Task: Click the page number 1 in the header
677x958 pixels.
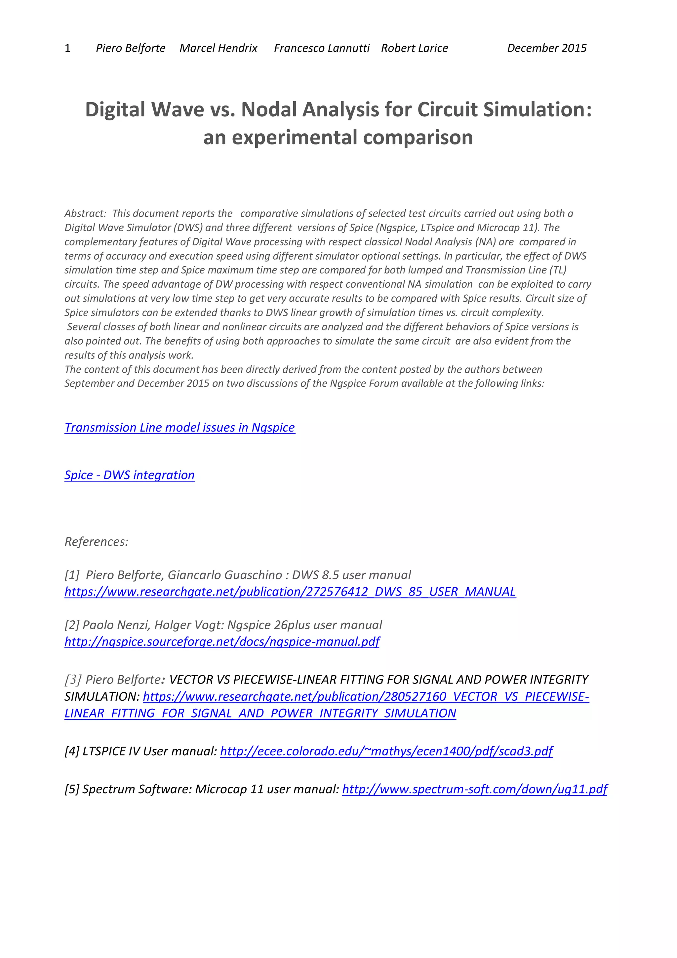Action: point(67,48)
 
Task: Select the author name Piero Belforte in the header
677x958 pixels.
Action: point(131,48)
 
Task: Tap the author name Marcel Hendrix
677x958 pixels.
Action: point(218,48)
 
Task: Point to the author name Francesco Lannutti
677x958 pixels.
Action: point(322,48)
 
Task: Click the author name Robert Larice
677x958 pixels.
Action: point(414,48)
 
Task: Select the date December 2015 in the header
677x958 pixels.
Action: point(546,48)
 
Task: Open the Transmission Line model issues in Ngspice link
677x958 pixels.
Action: point(180,428)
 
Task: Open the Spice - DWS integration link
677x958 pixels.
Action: point(129,475)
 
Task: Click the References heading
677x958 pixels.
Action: point(96,542)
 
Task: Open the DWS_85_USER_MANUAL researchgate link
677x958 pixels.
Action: point(290,592)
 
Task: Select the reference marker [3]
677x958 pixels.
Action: point(73,680)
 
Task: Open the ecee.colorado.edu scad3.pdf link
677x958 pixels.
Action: point(386,751)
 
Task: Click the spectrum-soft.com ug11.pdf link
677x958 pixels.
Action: point(475,789)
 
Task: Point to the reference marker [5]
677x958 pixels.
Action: point(72,789)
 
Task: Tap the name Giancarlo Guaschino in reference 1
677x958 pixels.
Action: point(225,575)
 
